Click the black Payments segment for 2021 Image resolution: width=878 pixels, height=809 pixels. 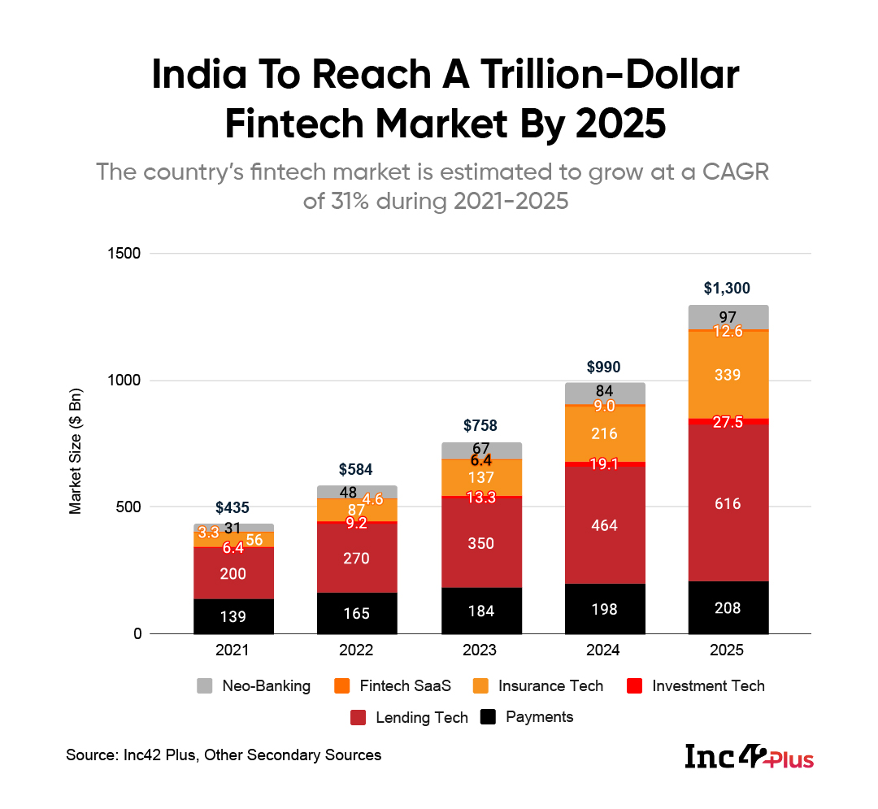(x=233, y=616)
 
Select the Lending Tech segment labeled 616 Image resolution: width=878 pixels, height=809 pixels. (x=728, y=503)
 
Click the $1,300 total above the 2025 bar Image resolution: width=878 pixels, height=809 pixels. (x=728, y=288)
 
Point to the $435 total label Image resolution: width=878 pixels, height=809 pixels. (x=233, y=507)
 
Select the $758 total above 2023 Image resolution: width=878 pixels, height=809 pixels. (x=480, y=425)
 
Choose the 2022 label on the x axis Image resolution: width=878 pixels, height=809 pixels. (x=356, y=650)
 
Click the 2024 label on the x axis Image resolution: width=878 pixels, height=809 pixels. (x=604, y=650)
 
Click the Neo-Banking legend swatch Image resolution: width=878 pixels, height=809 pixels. (x=205, y=686)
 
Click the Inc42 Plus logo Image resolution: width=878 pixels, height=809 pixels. (x=749, y=756)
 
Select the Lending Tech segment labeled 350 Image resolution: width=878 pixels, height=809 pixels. (x=480, y=542)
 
